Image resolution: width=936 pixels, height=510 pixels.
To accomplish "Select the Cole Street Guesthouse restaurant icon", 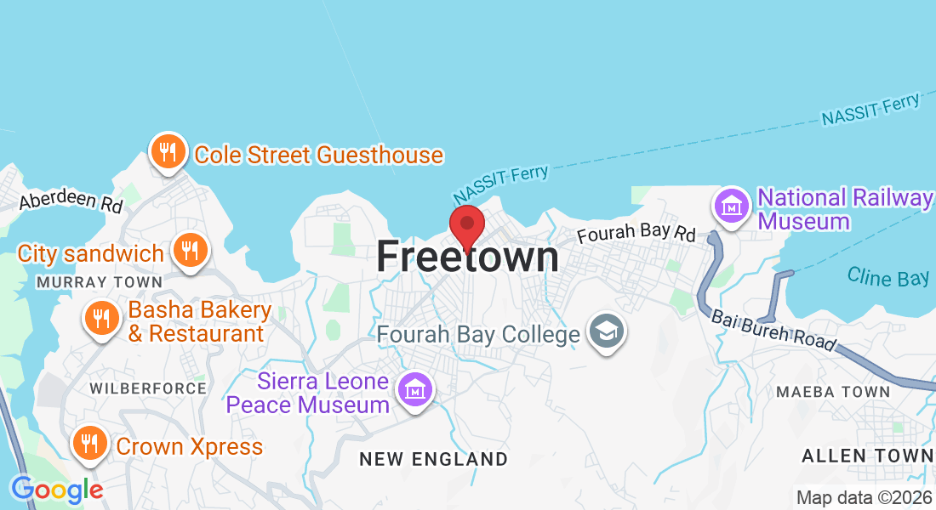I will tap(168, 153).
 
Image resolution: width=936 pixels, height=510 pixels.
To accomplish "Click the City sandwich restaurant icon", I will tap(189, 251).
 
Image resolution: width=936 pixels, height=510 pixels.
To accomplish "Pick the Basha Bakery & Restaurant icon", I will tap(101, 320).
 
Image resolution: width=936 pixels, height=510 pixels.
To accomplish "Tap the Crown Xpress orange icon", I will tap(88, 443).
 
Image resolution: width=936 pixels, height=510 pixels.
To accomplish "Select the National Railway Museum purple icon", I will tap(730, 206).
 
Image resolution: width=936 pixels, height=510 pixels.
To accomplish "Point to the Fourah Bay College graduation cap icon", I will tap(606, 331).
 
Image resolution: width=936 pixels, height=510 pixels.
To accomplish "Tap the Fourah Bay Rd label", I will tap(636, 232).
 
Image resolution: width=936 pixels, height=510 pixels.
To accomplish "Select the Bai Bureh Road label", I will tap(773, 330).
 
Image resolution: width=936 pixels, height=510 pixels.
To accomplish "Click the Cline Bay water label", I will tap(887, 277).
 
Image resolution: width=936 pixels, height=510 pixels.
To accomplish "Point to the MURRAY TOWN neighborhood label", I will tap(100, 281).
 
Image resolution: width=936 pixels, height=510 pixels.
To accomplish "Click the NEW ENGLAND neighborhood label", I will tap(433, 459).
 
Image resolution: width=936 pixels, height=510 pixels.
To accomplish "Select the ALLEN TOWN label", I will tap(867, 456).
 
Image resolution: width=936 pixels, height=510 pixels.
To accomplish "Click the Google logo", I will tap(56, 490).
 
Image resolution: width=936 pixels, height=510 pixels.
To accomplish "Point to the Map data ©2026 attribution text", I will tap(864, 497).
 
